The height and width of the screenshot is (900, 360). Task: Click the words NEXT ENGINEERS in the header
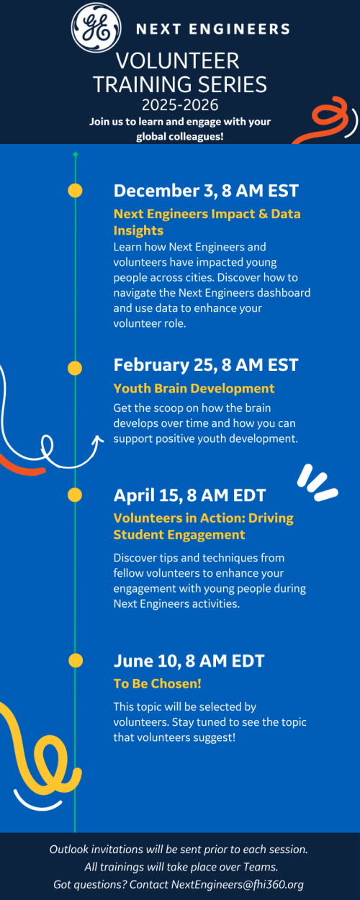[x=212, y=30]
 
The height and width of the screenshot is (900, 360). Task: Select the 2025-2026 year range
[x=180, y=105]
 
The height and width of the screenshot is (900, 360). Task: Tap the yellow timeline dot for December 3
[x=75, y=191]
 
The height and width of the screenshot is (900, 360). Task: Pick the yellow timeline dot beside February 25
[x=75, y=368]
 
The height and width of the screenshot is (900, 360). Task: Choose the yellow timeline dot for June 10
[x=75, y=660]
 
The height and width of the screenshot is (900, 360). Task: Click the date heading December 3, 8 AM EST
[x=206, y=191]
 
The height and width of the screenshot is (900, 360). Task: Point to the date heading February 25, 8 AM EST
[x=206, y=365]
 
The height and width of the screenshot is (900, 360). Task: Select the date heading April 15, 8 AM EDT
[x=189, y=495]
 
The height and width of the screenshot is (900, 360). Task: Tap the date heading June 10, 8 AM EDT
[x=189, y=661]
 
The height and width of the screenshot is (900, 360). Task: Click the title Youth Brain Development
[x=194, y=388]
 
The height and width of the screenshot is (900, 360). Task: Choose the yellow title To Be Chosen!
[x=156, y=683]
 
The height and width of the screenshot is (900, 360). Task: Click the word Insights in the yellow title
[x=138, y=230]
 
